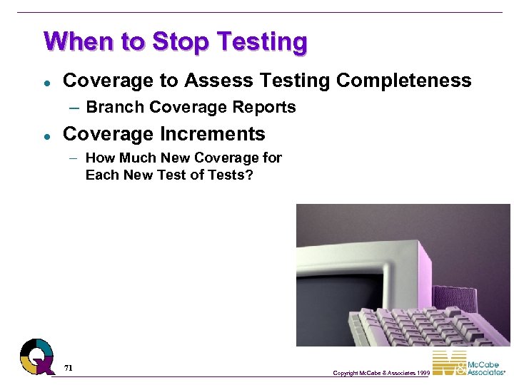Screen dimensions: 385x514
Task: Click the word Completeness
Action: (x=403, y=81)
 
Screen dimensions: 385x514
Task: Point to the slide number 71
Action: (x=69, y=368)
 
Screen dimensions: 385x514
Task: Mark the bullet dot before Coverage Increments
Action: (x=45, y=135)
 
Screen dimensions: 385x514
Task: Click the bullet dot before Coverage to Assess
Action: (x=45, y=81)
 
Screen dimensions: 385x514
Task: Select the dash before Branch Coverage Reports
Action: (x=76, y=108)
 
